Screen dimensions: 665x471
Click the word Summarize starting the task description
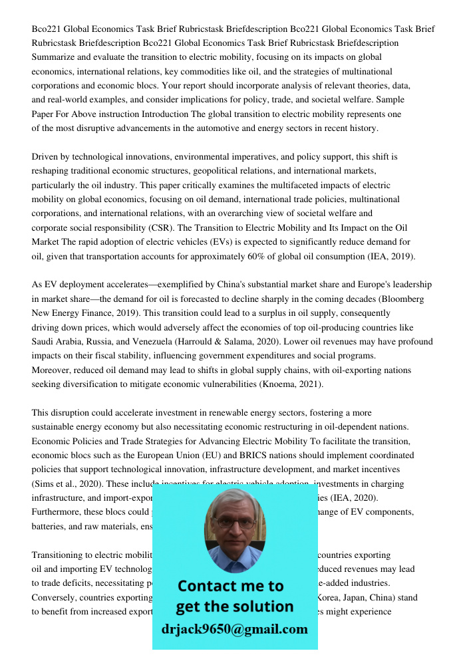point(54,57)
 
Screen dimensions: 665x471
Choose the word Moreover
point(55,370)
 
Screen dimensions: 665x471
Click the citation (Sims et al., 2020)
point(66,484)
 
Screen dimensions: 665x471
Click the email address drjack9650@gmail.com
point(234,629)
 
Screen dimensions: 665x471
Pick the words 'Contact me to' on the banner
point(231,586)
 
